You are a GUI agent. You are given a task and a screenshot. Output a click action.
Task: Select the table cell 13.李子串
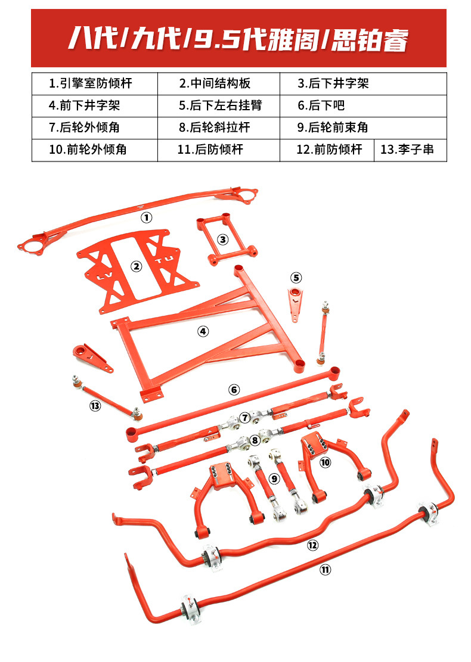[411, 149]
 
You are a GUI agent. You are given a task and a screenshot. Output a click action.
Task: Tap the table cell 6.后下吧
[362, 105]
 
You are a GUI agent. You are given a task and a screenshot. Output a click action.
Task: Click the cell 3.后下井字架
[362, 83]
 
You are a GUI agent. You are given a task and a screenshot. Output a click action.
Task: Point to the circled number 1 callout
[146, 217]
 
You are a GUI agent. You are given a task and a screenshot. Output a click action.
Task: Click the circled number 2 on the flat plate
[137, 266]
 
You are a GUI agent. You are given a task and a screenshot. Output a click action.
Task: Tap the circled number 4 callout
[203, 331]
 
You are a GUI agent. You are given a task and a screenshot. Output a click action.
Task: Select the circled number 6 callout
[234, 390]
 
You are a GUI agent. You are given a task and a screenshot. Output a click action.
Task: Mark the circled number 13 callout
[95, 406]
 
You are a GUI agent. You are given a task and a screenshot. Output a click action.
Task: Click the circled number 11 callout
[324, 570]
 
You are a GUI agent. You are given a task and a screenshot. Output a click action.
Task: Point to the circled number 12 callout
[313, 545]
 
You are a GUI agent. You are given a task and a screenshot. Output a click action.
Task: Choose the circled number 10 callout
[325, 461]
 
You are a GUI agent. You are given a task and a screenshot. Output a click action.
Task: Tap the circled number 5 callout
[296, 277]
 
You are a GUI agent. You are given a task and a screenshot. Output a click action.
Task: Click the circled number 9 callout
[274, 478]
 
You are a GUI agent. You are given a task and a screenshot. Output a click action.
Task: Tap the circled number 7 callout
[244, 417]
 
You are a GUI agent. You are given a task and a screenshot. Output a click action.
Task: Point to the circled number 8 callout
[255, 440]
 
